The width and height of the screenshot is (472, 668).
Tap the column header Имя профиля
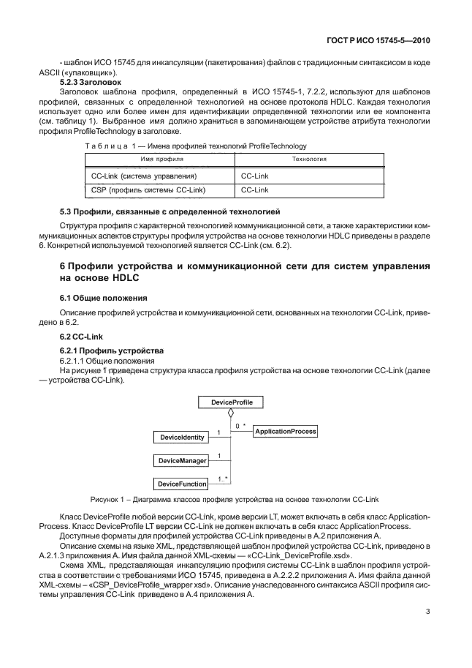(x=157, y=159)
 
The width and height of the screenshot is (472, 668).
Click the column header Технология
(x=309, y=159)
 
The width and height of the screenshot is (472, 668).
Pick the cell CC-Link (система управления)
(x=143, y=176)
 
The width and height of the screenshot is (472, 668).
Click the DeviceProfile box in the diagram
(x=231, y=402)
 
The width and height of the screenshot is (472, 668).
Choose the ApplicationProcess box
(x=285, y=432)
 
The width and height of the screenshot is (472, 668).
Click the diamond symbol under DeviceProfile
(x=231, y=414)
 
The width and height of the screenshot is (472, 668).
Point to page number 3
(x=425, y=613)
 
